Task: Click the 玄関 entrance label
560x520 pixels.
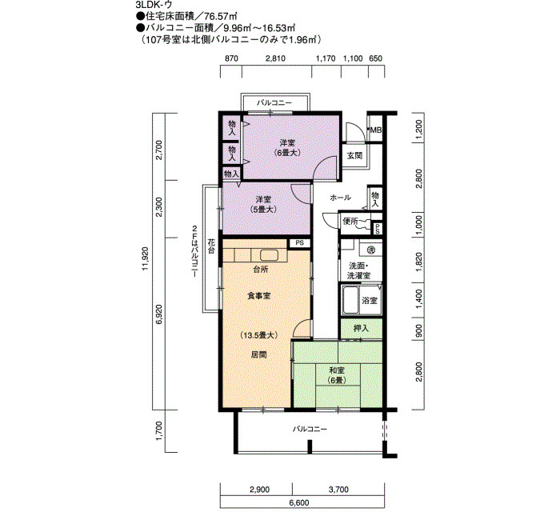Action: click(x=354, y=156)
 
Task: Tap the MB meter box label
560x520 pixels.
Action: click(x=375, y=130)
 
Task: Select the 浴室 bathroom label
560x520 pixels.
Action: click(x=370, y=300)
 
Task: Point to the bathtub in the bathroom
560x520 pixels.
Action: click(x=350, y=300)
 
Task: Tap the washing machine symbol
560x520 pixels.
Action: click(x=370, y=249)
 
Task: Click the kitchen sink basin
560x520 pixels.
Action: click(x=269, y=255)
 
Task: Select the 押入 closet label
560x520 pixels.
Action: click(x=361, y=328)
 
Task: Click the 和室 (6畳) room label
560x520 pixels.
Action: click(x=337, y=375)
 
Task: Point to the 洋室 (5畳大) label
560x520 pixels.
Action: click(x=263, y=204)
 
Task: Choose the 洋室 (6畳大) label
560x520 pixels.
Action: click(x=287, y=147)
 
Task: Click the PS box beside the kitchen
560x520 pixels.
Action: click(x=300, y=243)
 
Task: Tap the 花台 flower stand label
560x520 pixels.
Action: click(x=211, y=246)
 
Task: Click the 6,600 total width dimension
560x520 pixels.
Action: click(x=299, y=502)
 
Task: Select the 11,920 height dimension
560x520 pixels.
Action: click(x=146, y=258)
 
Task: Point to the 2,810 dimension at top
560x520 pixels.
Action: click(x=275, y=58)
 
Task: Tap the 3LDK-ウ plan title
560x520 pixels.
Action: click(x=154, y=5)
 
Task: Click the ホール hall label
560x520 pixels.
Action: click(x=340, y=197)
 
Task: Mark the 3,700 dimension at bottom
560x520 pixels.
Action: click(x=338, y=490)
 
